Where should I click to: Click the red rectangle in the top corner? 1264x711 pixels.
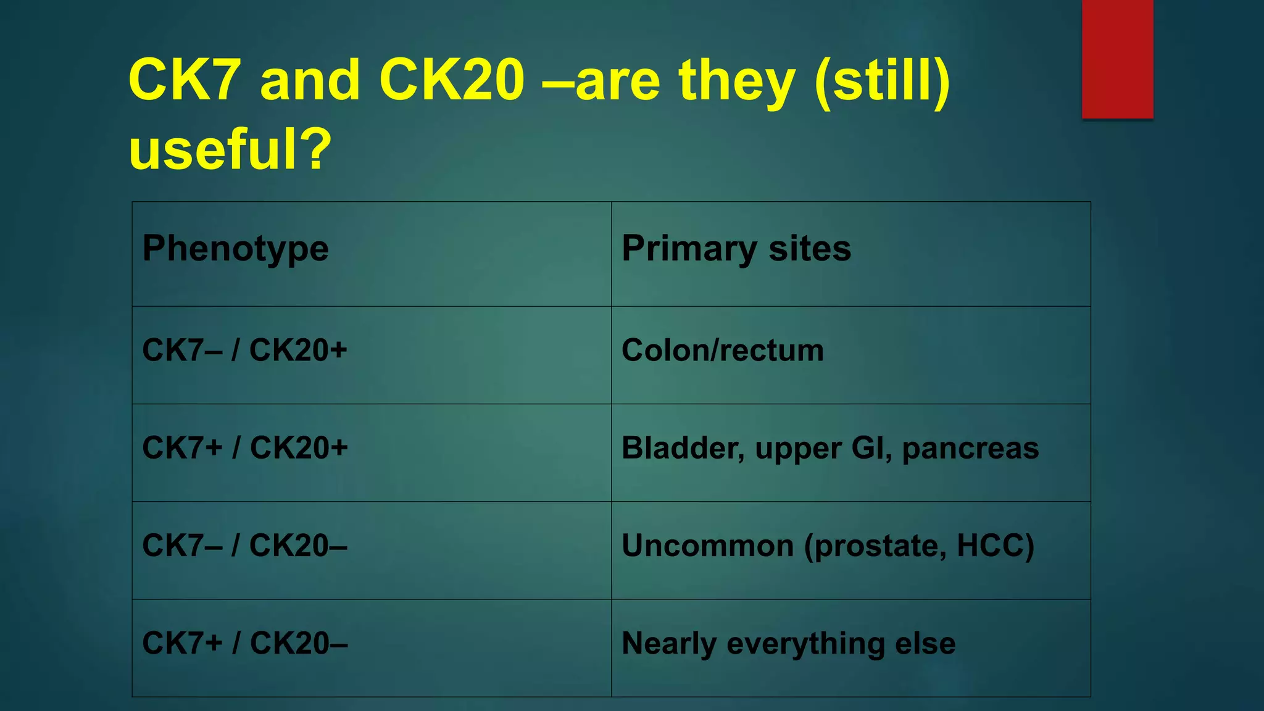1117,59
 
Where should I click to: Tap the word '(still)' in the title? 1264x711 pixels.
882,80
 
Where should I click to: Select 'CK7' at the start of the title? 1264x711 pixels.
184,80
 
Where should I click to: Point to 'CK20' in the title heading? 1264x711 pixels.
451,80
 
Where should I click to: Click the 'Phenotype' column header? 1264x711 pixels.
235,249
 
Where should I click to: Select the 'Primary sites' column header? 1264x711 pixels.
736,249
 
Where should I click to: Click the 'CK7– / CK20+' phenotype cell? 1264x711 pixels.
244,351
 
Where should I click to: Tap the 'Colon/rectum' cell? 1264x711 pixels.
722,351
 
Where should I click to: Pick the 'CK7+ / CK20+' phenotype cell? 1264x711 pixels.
245,448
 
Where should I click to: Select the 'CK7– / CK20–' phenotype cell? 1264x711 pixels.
244,546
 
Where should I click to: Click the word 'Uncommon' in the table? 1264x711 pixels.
707,546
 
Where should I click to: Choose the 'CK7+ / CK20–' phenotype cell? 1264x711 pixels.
245,643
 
